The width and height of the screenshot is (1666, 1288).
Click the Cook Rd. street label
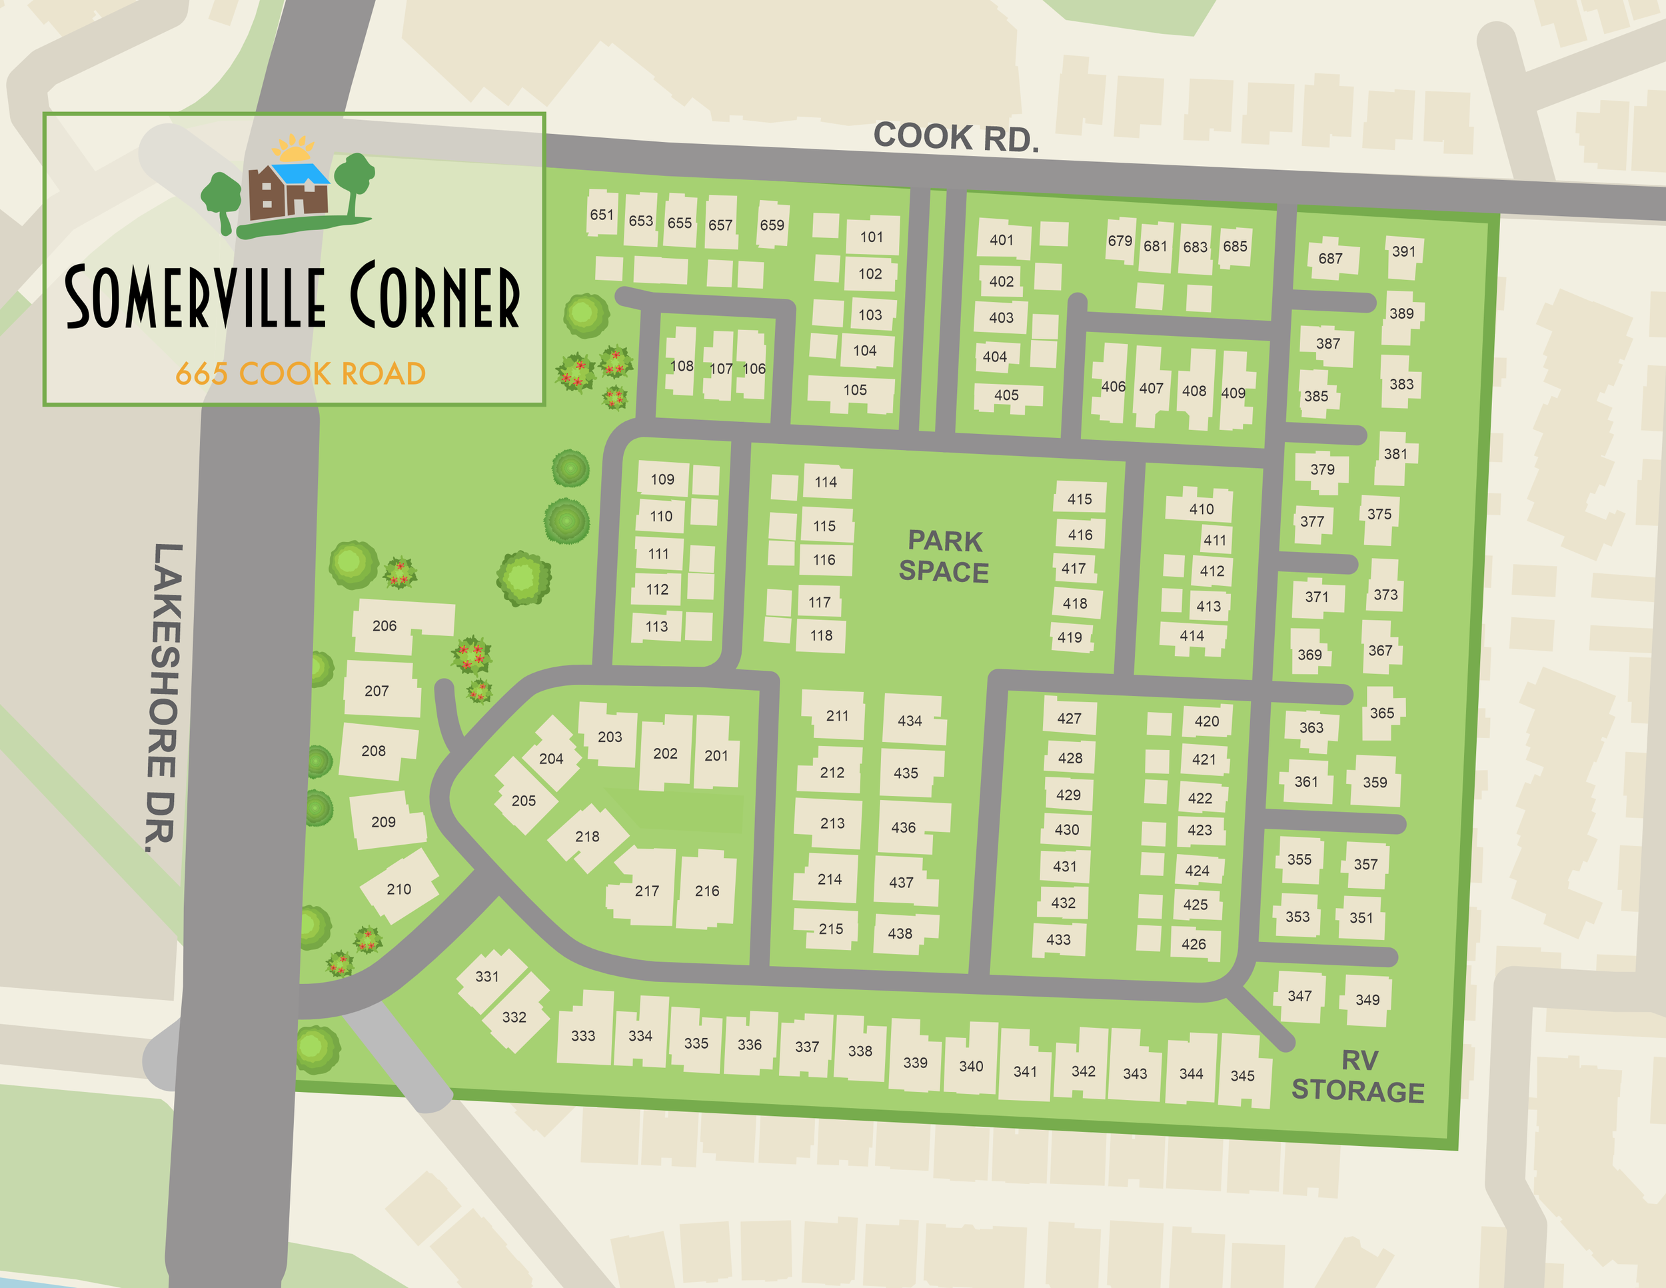point(956,137)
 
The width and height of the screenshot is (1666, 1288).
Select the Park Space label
point(944,556)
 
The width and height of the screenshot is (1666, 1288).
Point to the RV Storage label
point(1358,1076)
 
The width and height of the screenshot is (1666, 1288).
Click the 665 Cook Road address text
point(300,374)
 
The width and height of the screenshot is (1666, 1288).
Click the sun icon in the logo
point(293,147)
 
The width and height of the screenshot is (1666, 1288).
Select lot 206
point(385,626)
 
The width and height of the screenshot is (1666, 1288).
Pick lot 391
point(1403,251)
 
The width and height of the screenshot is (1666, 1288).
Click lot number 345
point(1243,1076)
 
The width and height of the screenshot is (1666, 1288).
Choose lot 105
point(855,390)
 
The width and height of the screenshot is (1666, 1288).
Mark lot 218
point(587,836)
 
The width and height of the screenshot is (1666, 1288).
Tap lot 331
point(486,977)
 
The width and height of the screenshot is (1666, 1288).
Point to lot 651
point(601,215)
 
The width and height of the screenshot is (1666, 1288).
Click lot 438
point(900,933)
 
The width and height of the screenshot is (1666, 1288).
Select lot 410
point(1202,509)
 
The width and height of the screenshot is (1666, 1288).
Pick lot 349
point(1367,999)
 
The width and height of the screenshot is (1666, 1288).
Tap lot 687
point(1330,258)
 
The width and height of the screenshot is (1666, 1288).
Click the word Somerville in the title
point(194,297)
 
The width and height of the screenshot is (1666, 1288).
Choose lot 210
point(399,889)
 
